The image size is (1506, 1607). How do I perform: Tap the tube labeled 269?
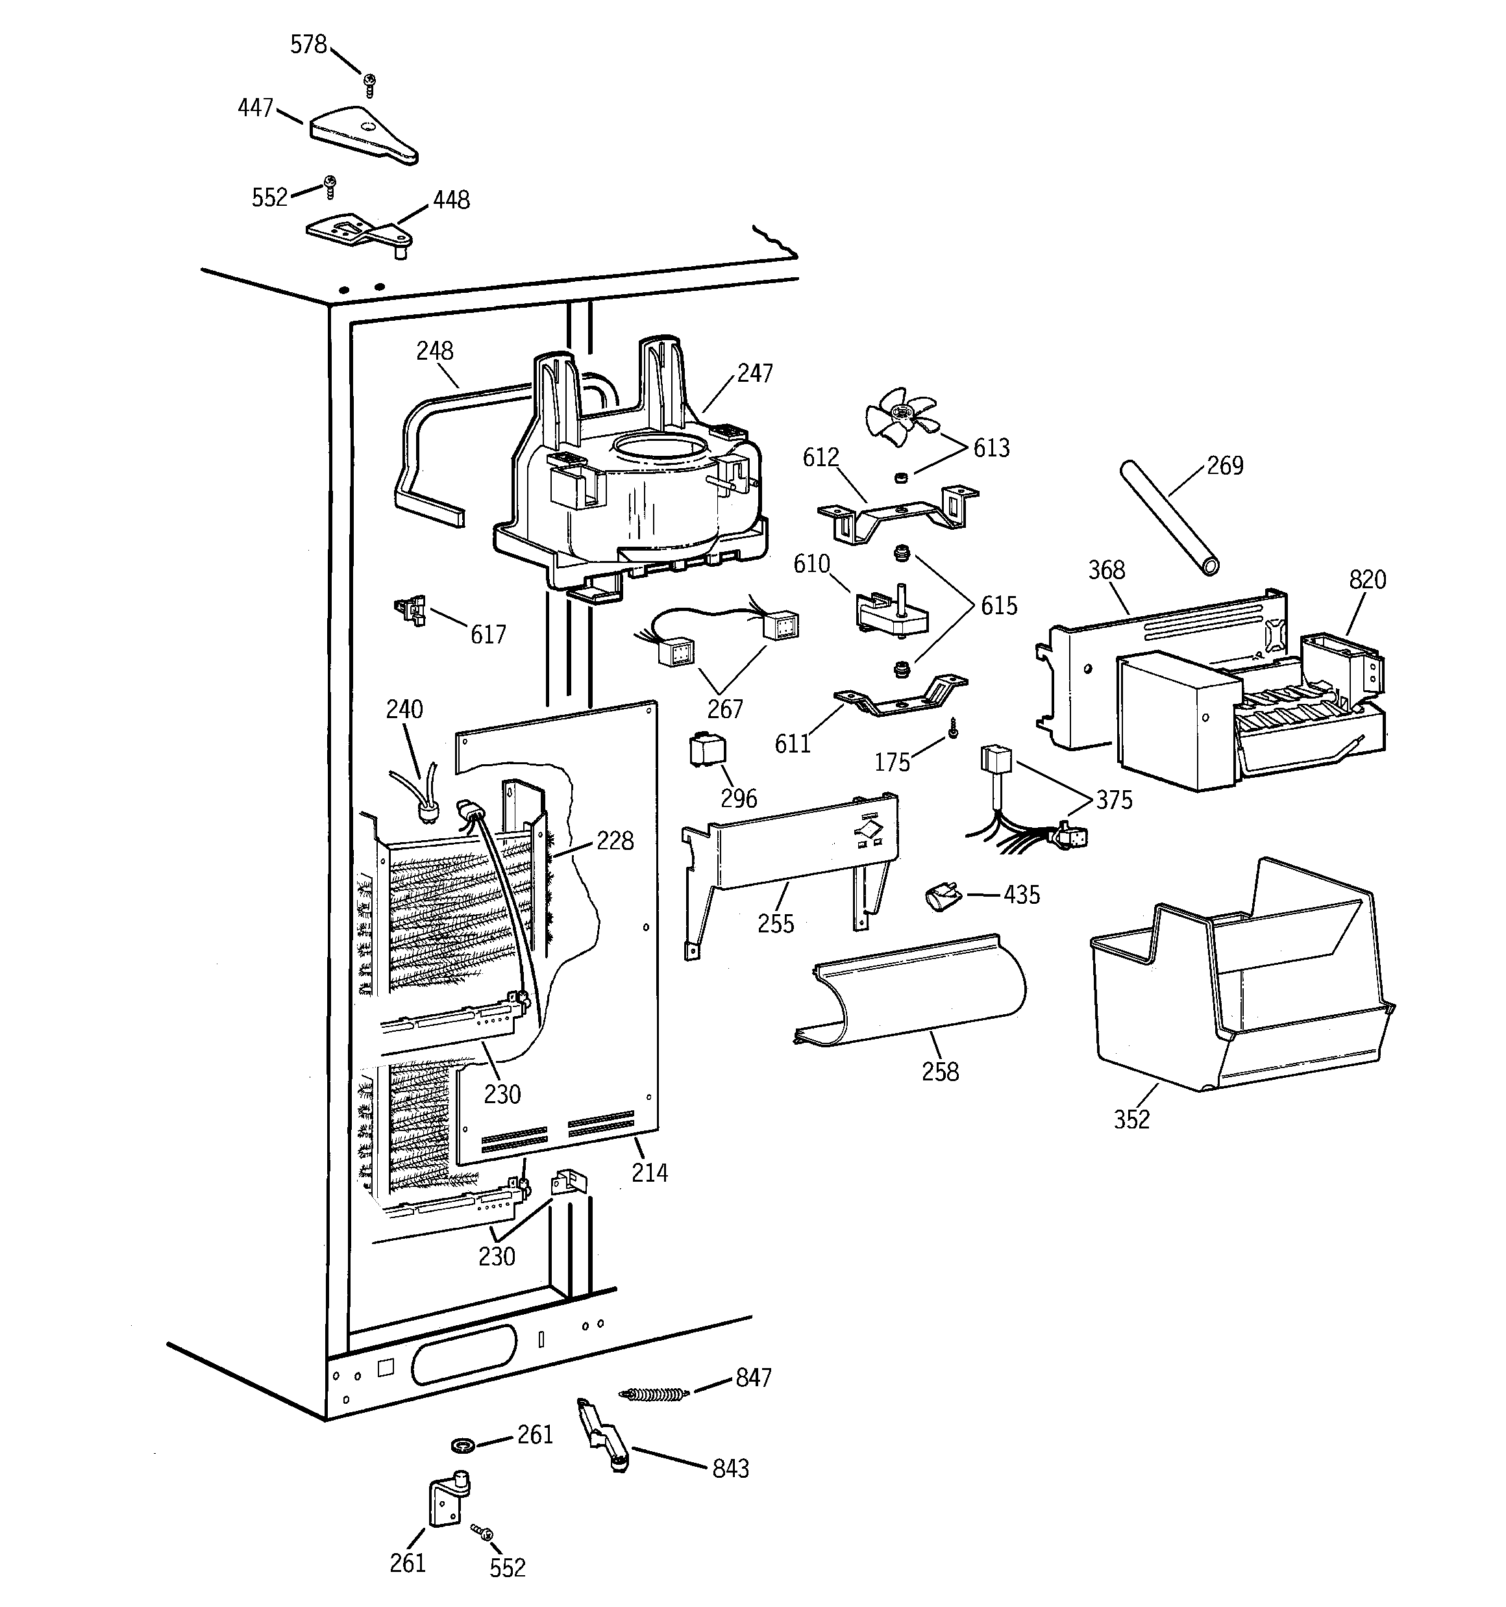(x=1167, y=517)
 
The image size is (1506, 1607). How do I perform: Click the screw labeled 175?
(x=954, y=729)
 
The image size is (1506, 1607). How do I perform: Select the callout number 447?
(x=256, y=108)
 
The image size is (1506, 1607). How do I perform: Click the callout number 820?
(x=1367, y=580)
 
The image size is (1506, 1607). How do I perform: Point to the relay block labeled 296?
(x=706, y=750)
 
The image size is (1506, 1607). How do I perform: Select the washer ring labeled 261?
(x=462, y=1444)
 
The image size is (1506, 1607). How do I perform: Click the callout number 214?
(x=649, y=1173)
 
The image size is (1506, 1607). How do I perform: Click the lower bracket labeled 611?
(x=899, y=699)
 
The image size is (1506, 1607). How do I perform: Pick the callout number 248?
(x=434, y=351)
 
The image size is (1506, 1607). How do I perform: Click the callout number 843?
(x=730, y=1469)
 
